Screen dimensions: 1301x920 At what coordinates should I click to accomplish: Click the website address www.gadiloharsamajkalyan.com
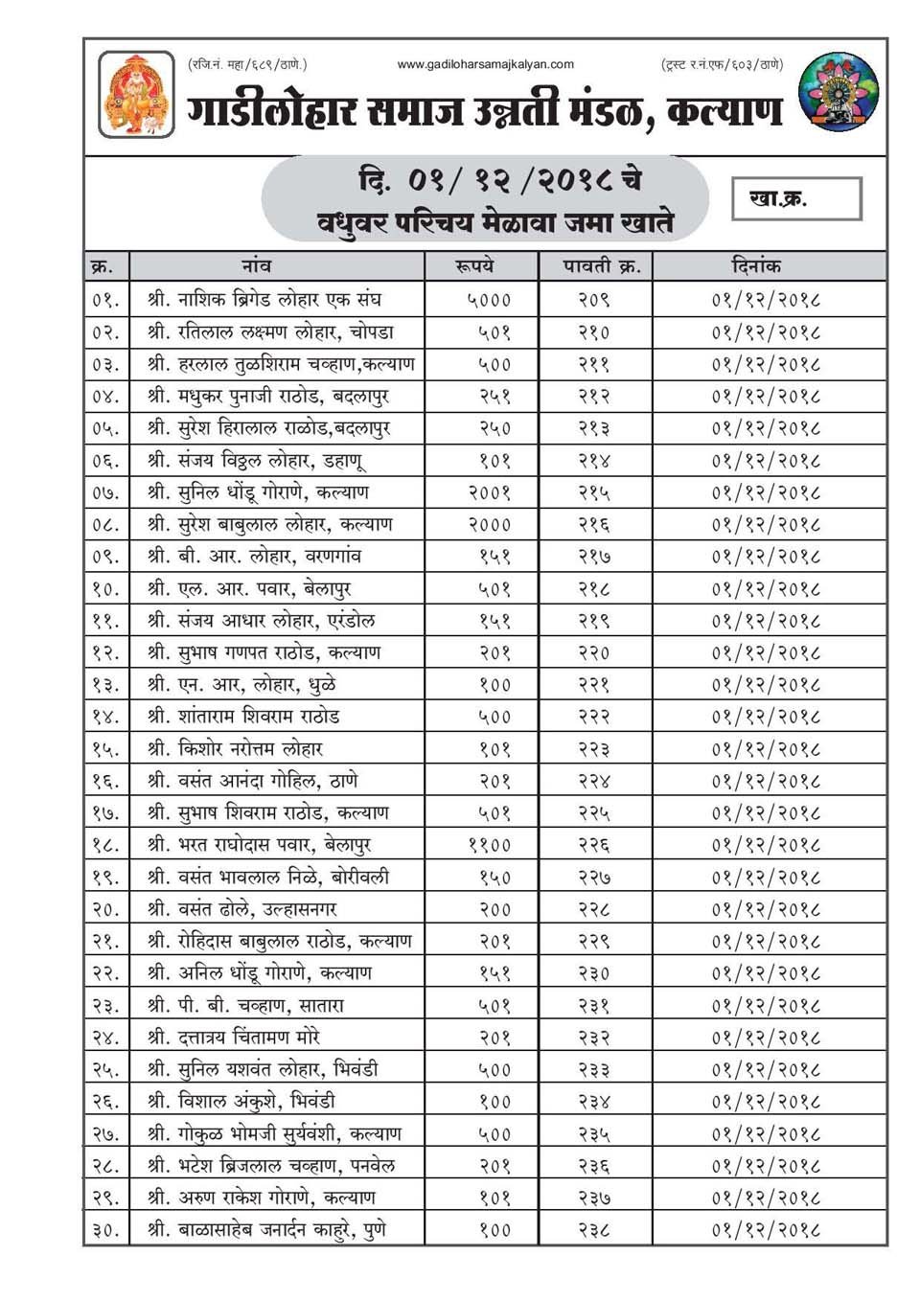click(x=485, y=64)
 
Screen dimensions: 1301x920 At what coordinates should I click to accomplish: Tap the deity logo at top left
click(x=136, y=94)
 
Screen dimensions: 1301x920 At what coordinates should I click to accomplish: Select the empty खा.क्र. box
click(x=796, y=198)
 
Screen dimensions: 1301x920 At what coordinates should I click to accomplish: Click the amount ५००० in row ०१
click(x=489, y=300)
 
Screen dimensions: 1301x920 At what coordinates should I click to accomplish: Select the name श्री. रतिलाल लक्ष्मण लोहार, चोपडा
click(x=271, y=332)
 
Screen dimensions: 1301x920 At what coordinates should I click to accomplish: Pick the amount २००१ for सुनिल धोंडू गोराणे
click(x=489, y=492)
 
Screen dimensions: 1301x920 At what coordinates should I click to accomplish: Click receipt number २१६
click(x=594, y=525)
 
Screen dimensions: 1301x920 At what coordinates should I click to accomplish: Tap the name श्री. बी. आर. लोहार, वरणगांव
click(x=255, y=557)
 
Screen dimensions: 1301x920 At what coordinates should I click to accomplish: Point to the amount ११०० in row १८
click(x=489, y=845)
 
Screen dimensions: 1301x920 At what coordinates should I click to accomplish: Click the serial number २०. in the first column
click(x=106, y=909)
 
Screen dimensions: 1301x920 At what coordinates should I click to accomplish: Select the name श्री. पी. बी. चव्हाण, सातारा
click(x=246, y=1005)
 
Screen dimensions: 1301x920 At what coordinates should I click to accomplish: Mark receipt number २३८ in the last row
click(x=594, y=1229)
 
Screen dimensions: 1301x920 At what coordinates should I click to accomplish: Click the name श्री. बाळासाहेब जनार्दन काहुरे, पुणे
click(x=267, y=1229)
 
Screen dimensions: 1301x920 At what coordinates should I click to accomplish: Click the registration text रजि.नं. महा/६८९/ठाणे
click(x=247, y=64)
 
